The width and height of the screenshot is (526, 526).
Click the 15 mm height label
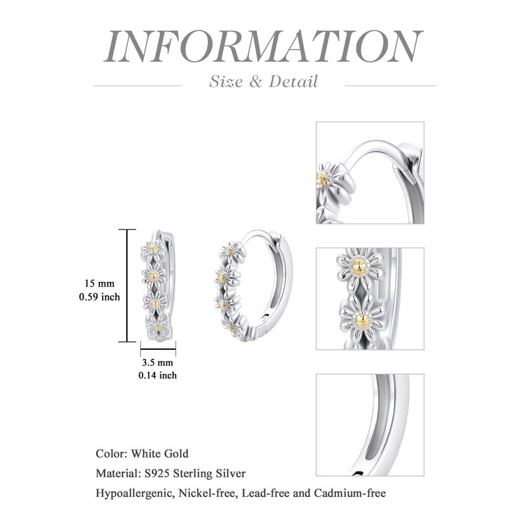tap(99, 283)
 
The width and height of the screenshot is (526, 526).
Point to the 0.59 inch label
tap(99, 297)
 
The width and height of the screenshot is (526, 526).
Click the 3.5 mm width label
tap(157, 362)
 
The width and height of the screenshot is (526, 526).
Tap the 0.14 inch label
tap(157, 375)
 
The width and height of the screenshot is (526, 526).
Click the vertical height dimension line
tap(126, 285)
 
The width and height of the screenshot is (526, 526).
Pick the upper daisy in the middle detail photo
tap(358, 267)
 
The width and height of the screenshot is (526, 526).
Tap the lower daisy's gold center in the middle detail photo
tap(362, 320)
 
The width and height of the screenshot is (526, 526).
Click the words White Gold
tap(160, 454)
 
